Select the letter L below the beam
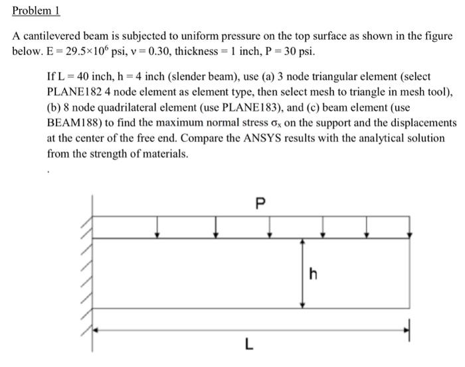248,344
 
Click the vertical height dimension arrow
303,273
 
